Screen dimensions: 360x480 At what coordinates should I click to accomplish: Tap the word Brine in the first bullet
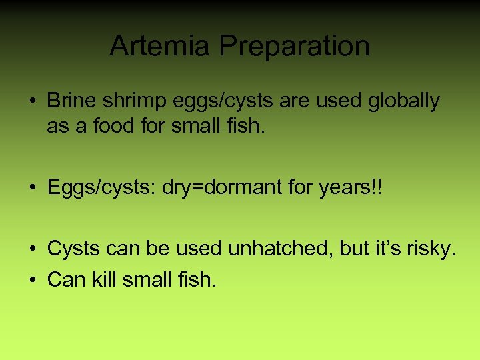(x=71, y=101)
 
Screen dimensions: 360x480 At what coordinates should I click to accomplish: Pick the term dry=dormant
(x=223, y=187)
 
